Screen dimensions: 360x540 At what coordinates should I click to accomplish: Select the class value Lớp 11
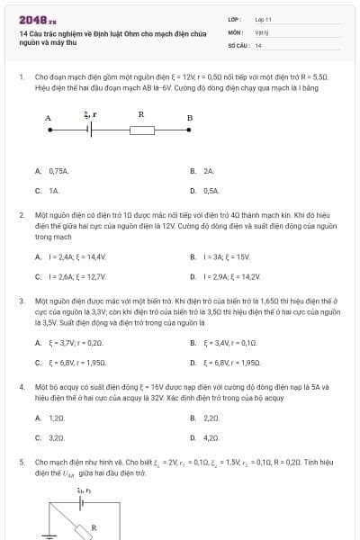point(263,18)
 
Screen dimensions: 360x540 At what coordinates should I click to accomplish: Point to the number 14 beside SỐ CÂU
point(258,44)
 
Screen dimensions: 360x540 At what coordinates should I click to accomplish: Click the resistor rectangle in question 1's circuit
point(142,129)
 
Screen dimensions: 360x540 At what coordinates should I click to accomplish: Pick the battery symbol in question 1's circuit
point(88,129)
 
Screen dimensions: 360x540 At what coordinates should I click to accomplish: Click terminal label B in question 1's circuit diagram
point(189,117)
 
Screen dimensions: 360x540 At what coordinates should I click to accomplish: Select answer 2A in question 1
point(209,170)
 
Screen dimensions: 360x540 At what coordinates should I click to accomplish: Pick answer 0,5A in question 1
point(211,191)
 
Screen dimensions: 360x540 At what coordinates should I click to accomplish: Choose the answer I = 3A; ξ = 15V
point(224,256)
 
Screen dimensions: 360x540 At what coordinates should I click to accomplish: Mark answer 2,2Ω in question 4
point(211,418)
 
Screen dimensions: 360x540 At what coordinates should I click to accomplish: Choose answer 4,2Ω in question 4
point(211,438)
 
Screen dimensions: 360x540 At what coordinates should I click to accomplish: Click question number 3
point(22,299)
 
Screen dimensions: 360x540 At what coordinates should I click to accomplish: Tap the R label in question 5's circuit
point(94,526)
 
